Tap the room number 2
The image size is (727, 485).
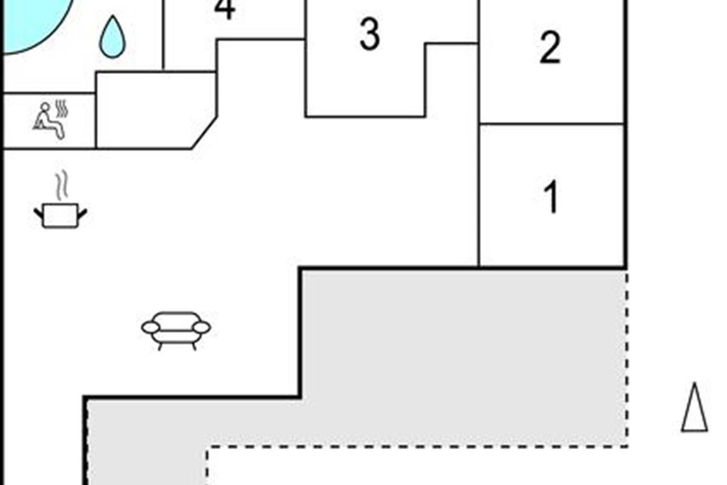coord(550,47)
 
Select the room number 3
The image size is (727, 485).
coord(370,35)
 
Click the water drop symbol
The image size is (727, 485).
coord(112,37)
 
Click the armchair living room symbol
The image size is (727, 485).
coord(176,330)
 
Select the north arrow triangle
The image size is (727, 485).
coord(694,407)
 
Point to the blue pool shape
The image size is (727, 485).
coord(33,23)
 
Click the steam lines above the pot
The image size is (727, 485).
coord(62,184)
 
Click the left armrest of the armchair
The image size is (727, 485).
coord(151,327)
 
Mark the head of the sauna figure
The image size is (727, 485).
coord(45,107)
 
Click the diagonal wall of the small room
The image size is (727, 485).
coord(204,133)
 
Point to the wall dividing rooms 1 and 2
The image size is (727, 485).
coord(552,124)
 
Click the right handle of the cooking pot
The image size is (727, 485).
coord(82,214)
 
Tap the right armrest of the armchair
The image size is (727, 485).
coord(201,327)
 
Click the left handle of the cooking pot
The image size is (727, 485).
coord(38,214)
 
